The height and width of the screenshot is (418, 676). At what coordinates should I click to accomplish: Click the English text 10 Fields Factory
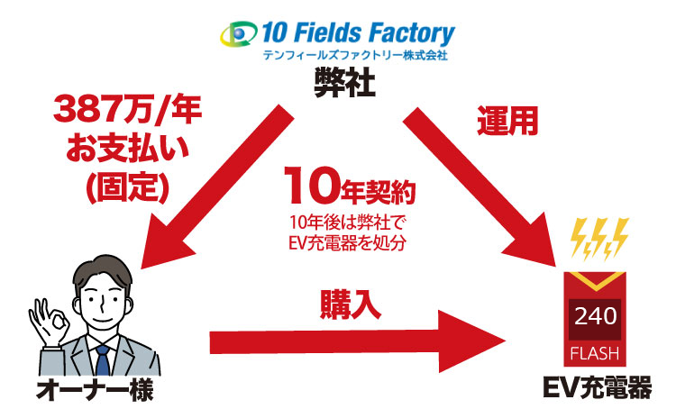click(356, 33)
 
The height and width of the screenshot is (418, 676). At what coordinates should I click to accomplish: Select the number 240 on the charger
click(596, 317)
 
